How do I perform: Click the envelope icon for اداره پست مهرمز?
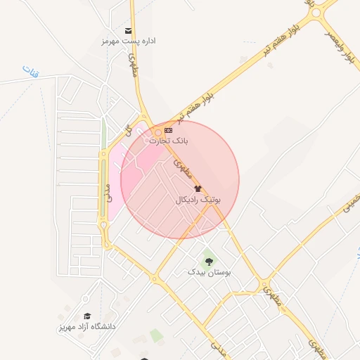point(128,30)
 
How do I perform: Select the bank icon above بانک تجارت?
point(168,130)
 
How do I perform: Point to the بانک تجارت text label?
point(169,141)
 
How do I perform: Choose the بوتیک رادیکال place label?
point(198,200)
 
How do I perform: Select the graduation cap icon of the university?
point(87,316)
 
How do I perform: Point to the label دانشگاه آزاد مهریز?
point(87,327)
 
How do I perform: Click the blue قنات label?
point(29,70)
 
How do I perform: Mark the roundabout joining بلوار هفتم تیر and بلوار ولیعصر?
point(316,13)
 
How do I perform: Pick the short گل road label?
point(128,130)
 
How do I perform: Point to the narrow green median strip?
point(104,133)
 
